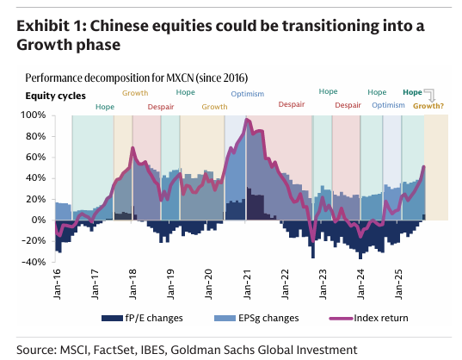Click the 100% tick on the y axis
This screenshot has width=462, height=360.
point(33,115)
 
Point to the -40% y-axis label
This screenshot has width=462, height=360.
point(34,262)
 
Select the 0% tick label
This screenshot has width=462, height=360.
point(39,220)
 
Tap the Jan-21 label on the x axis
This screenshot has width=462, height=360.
point(247,284)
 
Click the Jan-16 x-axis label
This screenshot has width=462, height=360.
point(57,284)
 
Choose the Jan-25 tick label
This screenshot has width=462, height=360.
point(398,284)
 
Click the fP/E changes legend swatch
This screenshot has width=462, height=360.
point(112,318)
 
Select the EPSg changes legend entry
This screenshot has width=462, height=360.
point(256,318)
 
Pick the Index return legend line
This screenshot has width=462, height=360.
point(341,319)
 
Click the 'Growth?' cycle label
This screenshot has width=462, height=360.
point(428,106)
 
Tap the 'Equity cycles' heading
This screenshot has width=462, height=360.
point(55,96)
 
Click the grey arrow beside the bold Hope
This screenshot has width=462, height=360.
point(430,96)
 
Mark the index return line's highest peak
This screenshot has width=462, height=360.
point(247,119)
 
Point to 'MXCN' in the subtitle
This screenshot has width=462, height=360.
point(180,78)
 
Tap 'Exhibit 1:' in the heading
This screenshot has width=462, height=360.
point(52,26)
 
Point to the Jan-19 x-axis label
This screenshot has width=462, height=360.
point(171,284)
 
